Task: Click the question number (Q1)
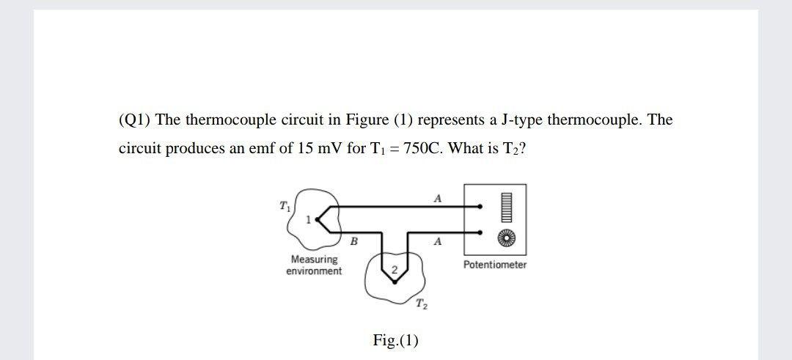[135, 120]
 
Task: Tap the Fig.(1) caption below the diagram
[395, 340]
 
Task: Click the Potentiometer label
[494, 265]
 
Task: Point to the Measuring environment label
[314, 265]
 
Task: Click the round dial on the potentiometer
[507, 236]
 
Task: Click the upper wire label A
[438, 197]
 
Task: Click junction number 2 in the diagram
[395, 271]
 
